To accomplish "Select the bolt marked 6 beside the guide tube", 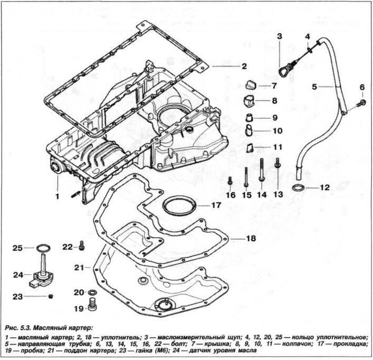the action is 362,103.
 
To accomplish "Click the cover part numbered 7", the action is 251,84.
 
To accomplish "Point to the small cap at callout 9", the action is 250,118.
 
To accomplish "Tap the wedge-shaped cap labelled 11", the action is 250,148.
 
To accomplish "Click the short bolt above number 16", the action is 229,181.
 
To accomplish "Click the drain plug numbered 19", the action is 92,304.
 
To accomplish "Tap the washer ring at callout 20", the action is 92,292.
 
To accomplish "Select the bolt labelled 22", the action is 82,245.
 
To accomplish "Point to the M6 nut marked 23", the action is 50,297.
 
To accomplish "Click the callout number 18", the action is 251,238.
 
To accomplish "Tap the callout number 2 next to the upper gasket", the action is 244,66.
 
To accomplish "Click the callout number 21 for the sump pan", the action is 79,268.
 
